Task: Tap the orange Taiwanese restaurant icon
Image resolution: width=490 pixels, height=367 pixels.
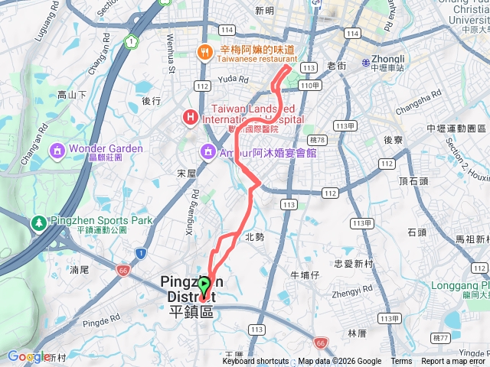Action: pyautogui.click(x=204, y=52)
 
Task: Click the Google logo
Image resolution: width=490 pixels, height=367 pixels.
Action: pyautogui.click(x=28, y=356)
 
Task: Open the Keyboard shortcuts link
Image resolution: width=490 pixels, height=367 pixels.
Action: pyautogui.click(x=256, y=362)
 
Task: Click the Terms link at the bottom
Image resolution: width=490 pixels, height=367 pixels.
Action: pyautogui.click(x=401, y=362)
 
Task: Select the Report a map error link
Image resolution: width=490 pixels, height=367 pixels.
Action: pyautogui.click(x=454, y=362)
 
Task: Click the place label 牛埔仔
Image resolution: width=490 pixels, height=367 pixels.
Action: pyautogui.click(x=304, y=274)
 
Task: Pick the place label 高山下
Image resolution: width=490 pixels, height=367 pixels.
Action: pyautogui.click(x=72, y=95)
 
